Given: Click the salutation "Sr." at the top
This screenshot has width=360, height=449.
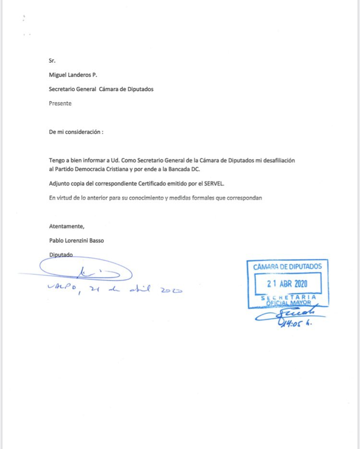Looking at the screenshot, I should [52, 61].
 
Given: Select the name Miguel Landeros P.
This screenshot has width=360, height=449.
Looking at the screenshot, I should [73, 75].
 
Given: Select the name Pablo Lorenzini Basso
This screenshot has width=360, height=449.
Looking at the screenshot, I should [76, 241].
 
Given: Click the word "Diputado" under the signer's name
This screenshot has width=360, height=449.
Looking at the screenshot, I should [61, 255].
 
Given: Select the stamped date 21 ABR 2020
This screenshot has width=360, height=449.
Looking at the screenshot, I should [288, 283].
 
